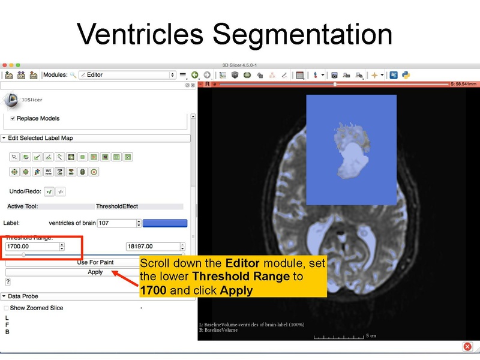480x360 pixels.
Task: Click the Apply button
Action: [x=95, y=272]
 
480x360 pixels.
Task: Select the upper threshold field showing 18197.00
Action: [x=152, y=246]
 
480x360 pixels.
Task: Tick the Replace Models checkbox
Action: [x=13, y=118]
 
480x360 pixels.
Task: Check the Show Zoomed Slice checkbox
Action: [x=7, y=308]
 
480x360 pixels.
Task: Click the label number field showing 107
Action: [x=117, y=223]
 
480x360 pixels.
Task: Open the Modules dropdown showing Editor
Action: [x=126, y=75]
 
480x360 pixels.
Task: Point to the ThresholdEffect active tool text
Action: [x=117, y=206]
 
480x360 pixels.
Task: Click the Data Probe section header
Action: [x=23, y=296]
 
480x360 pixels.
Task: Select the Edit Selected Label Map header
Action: [x=40, y=138]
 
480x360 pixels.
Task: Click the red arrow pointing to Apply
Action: [x=122, y=274]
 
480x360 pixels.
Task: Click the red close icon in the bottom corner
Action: [x=467, y=347]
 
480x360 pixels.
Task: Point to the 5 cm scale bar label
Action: [x=371, y=336]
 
